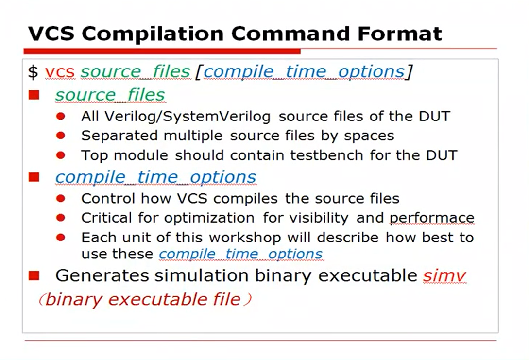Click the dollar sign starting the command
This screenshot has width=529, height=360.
(x=33, y=72)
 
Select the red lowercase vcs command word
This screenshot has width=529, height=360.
(x=60, y=72)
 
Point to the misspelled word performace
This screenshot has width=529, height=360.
(x=431, y=219)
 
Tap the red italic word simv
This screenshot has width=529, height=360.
(x=444, y=275)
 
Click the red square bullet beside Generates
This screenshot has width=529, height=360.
(x=34, y=275)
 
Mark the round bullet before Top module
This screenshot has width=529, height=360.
(x=61, y=155)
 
